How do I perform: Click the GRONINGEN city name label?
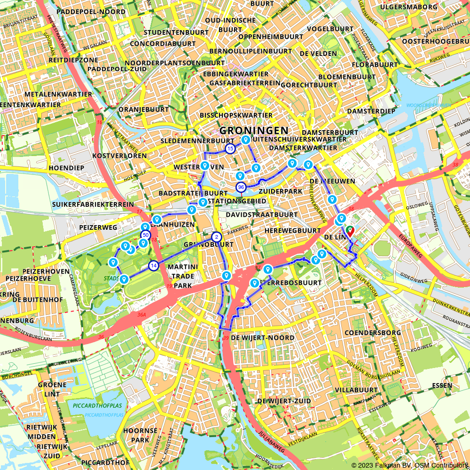click(x=254, y=130)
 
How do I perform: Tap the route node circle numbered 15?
click(x=230, y=149)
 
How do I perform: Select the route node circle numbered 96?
click(x=241, y=187)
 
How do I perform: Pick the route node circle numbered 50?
click(x=145, y=235)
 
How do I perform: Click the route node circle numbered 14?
click(x=153, y=266)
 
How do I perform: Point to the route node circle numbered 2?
click(x=216, y=237)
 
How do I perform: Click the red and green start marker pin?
click(x=350, y=231)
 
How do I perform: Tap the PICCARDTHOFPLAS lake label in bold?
click(x=97, y=406)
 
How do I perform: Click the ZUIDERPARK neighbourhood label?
click(x=280, y=192)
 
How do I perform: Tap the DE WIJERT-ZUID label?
click(x=284, y=401)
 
